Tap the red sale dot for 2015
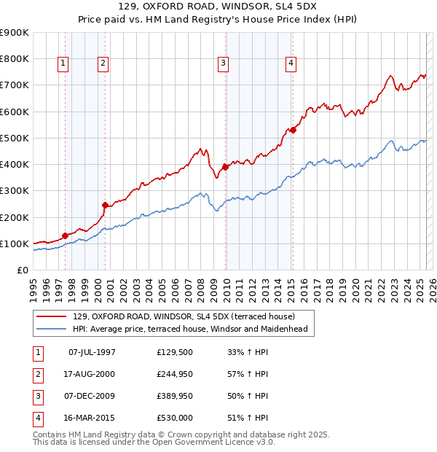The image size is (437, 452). (292, 130)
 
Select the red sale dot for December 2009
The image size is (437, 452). (225, 167)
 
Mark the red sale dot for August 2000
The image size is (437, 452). (105, 205)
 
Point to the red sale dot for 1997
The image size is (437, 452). (65, 235)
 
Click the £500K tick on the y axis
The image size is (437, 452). (15, 138)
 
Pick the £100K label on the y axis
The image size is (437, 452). (15, 243)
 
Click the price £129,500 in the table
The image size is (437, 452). (174, 352)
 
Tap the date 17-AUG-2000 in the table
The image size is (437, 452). (88, 374)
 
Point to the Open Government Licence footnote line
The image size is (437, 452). (154, 442)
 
